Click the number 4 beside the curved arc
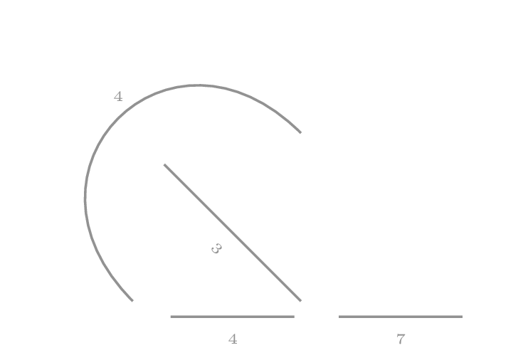point(118,97)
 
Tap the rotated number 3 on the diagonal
point(216,248)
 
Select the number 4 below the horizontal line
point(233,339)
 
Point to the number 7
point(401,339)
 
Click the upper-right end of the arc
point(300,132)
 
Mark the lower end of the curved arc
point(132,300)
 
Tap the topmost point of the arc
point(197,85)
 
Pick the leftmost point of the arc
point(85,198)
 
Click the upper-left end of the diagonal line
point(164,165)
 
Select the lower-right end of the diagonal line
point(300,300)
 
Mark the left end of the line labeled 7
point(339,317)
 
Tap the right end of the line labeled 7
point(462,317)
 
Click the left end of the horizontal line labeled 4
point(171,317)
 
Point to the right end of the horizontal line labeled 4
point(294,317)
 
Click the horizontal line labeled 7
point(427,317)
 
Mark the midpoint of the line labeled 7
point(401,317)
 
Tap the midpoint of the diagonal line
point(233,233)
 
